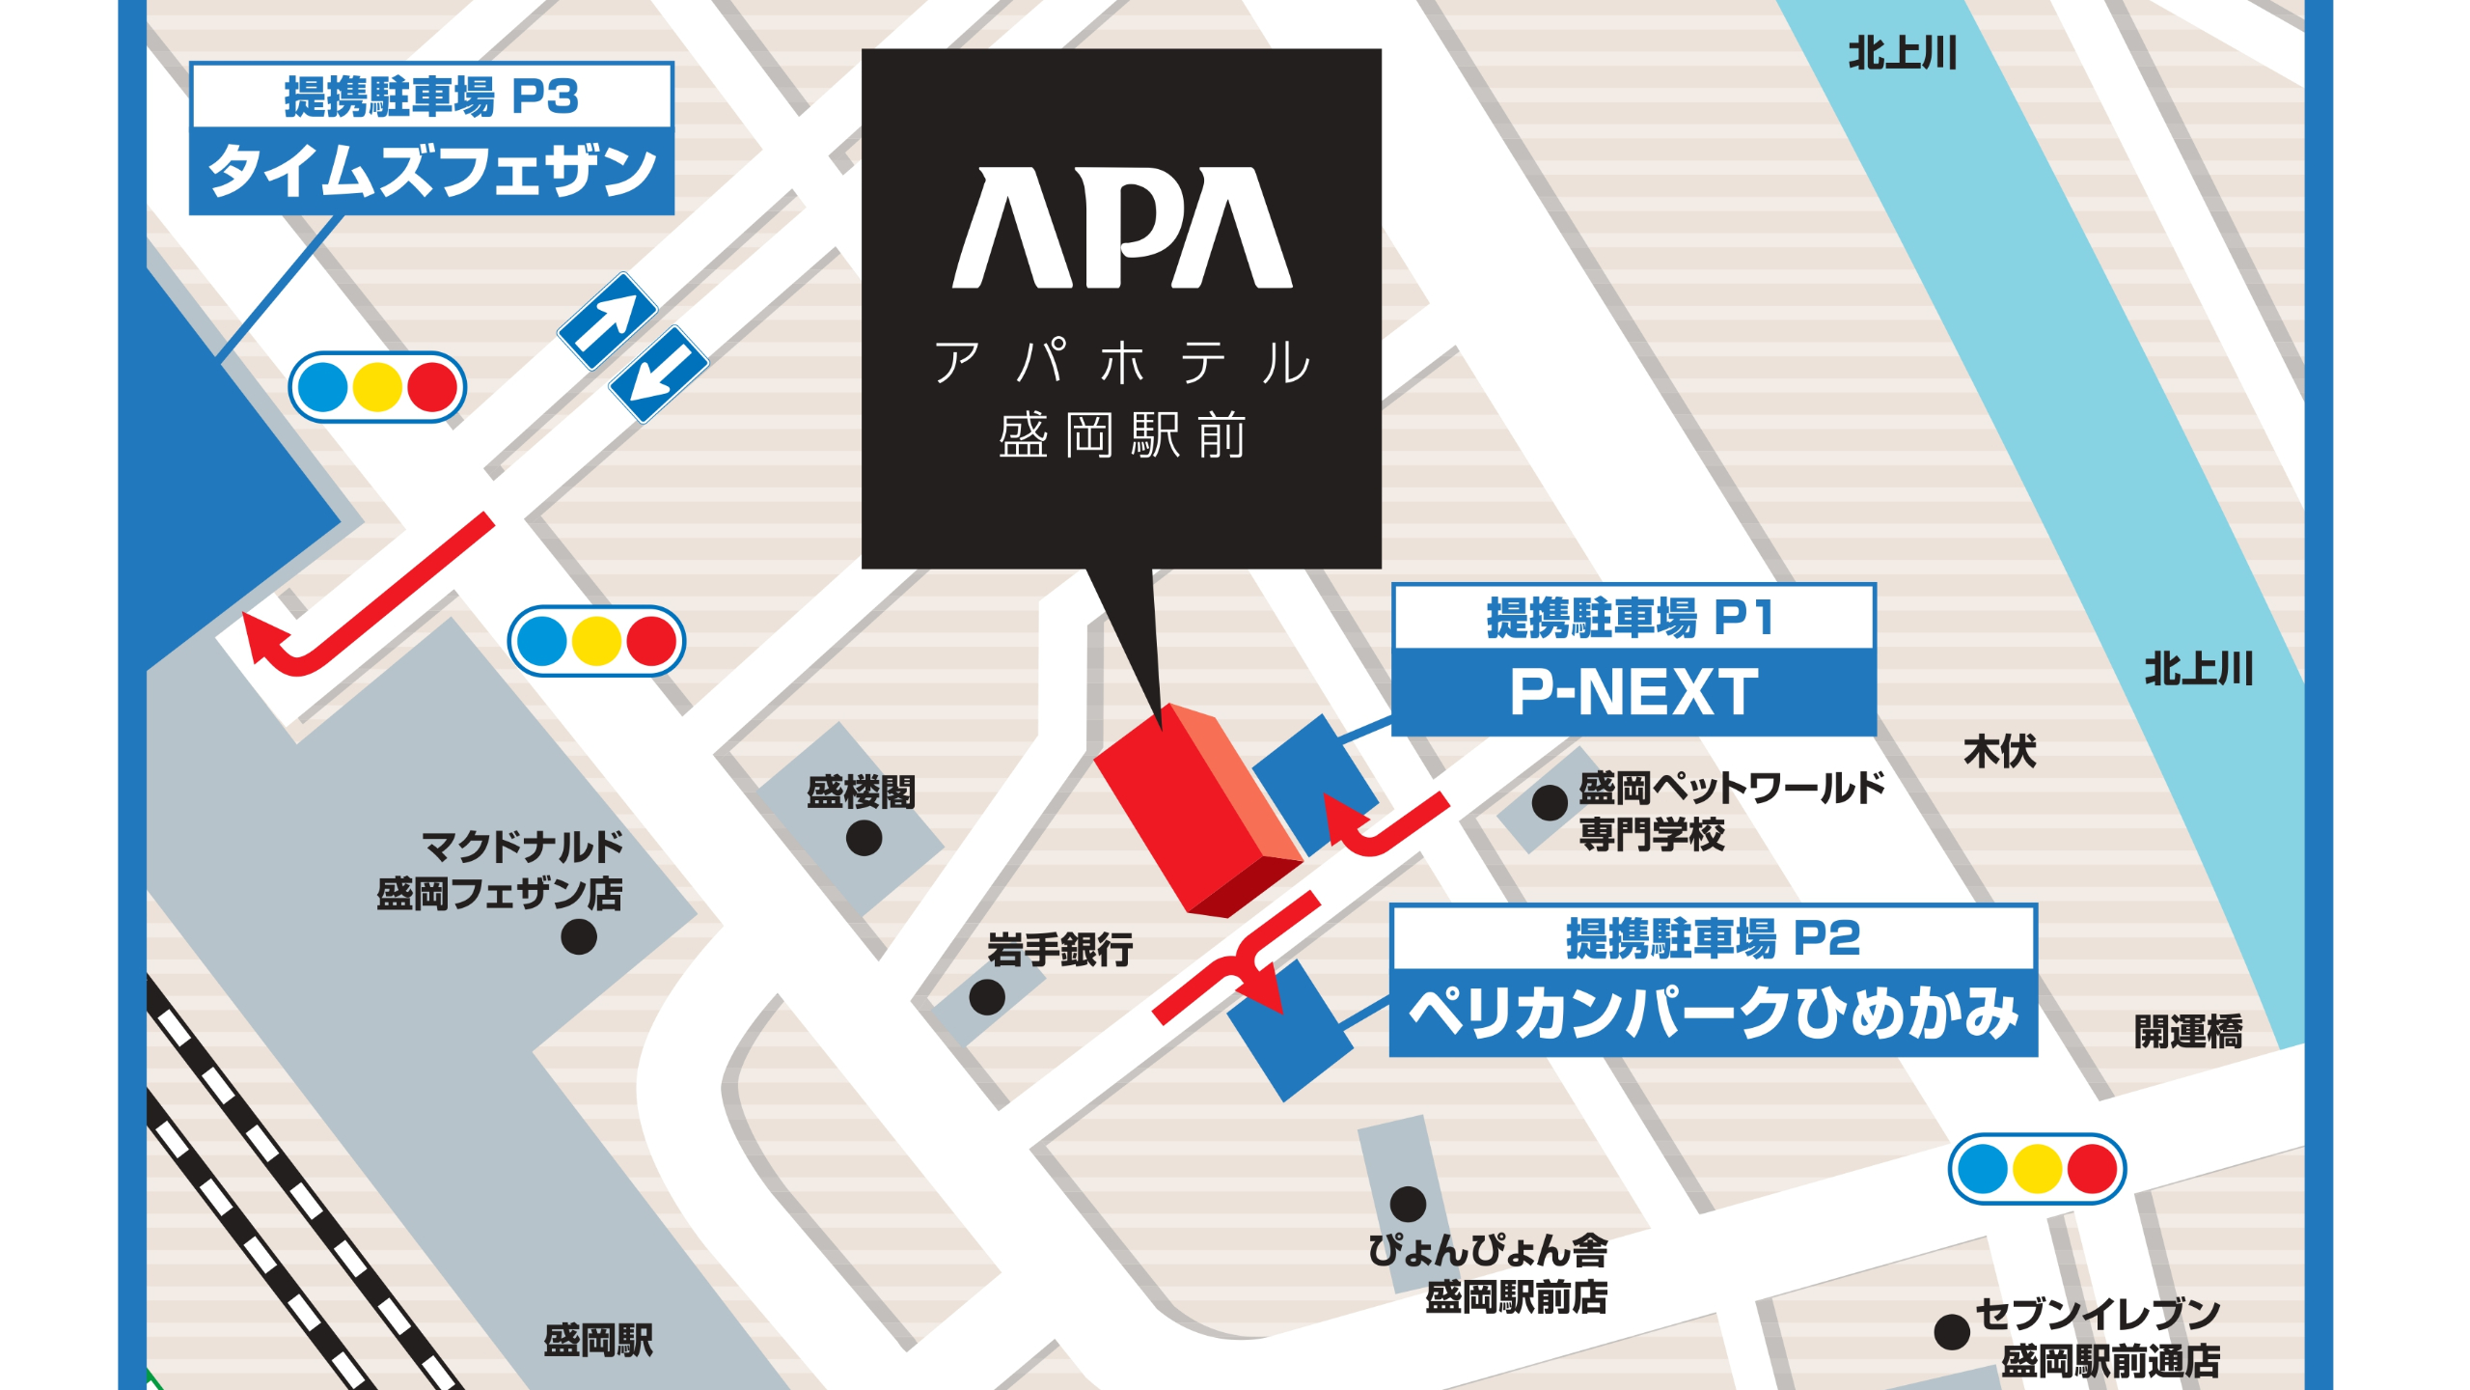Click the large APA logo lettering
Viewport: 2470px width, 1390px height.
coord(1121,229)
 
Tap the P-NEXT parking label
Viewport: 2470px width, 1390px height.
coord(1633,692)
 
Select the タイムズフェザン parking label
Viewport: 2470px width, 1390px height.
coord(431,171)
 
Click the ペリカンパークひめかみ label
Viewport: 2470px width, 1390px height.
coord(1713,1014)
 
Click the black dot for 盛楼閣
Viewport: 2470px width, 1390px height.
coord(864,838)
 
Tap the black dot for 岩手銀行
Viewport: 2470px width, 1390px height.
coord(986,996)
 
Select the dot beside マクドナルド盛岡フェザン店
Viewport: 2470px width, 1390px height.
coord(578,935)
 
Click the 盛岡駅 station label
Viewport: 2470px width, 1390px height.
coord(598,1340)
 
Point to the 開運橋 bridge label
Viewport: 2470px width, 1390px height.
coord(2187,1032)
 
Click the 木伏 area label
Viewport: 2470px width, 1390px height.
coord(1999,752)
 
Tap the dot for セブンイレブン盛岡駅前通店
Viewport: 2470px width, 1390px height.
coord(1951,1332)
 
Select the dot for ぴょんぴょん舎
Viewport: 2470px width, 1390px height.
coord(1408,1204)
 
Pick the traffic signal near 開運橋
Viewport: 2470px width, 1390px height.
coord(2037,1169)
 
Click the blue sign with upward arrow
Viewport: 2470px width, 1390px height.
coord(608,320)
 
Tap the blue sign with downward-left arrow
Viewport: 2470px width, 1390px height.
coord(660,374)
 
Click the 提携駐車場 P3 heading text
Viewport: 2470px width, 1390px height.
coord(431,97)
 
